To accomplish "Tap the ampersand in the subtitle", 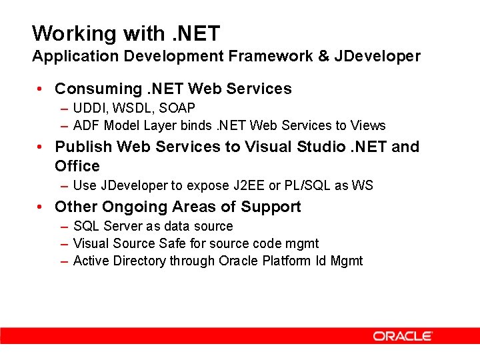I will coord(324,56).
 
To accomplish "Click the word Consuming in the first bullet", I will coord(97,89).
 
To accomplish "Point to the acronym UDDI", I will coord(87,108).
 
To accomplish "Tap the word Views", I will coord(369,125).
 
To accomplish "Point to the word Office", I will coord(77,166).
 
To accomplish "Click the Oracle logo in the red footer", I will coord(403,336).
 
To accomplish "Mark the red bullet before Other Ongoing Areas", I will coord(41,207).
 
